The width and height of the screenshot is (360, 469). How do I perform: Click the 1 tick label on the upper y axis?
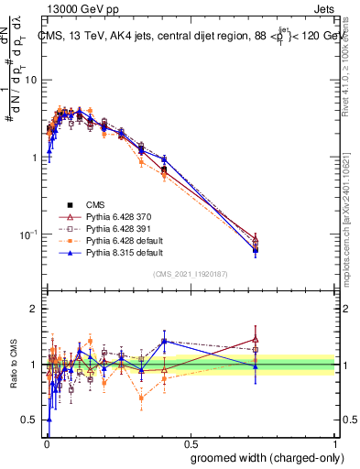pyautogui.click(x=34, y=158)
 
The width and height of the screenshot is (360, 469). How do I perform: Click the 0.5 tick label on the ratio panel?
pyautogui.click(x=29, y=420)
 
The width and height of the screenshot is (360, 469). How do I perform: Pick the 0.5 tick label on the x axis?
pyautogui.click(x=191, y=442)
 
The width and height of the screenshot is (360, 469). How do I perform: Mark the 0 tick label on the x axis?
pyautogui.click(x=45, y=442)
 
